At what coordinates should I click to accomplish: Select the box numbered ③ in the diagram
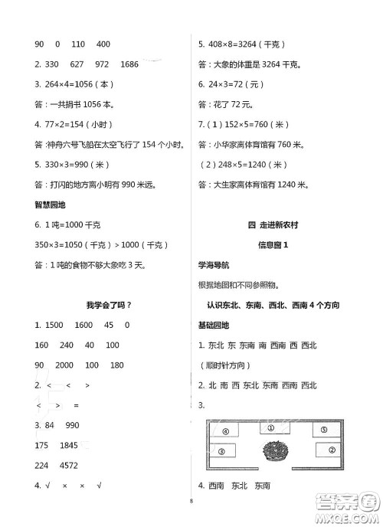[x=221, y=452]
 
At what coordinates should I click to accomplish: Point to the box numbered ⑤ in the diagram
[x=323, y=430]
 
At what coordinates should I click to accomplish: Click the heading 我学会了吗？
[x=108, y=305]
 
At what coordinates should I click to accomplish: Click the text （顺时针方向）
[x=224, y=365]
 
